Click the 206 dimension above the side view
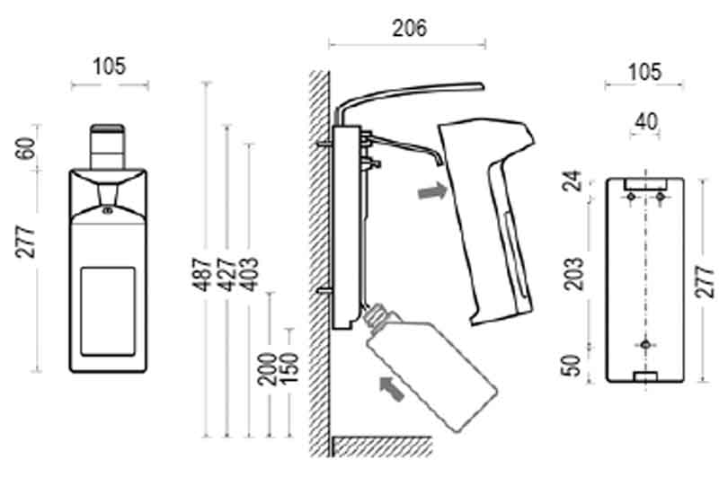(409, 28)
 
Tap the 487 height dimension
(202, 275)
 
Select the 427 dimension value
(226, 275)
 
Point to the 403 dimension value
(250, 275)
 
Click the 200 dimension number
(267, 369)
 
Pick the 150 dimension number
(288, 368)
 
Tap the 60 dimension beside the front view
(27, 148)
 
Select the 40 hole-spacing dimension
(646, 121)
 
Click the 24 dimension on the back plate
(573, 181)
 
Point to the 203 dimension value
(573, 274)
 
